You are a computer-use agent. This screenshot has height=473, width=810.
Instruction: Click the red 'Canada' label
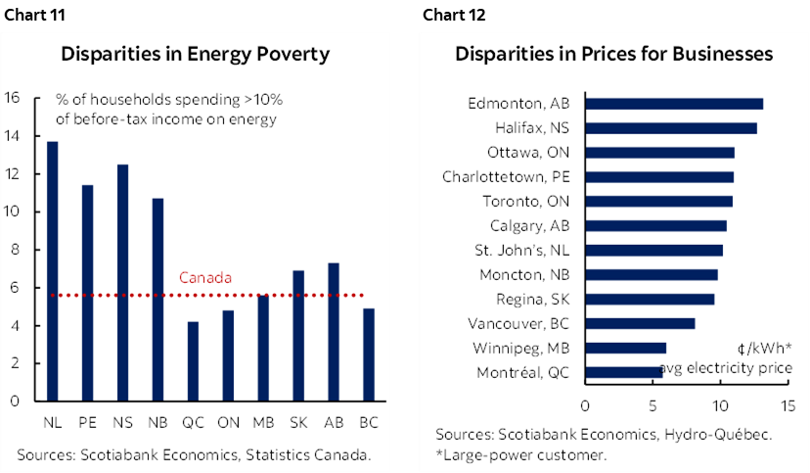click(x=205, y=278)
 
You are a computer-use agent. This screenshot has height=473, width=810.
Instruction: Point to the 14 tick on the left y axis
click(x=13, y=135)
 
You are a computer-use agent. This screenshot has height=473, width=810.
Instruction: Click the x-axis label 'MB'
click(x=263, y=423)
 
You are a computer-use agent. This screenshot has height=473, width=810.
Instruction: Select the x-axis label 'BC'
click(x=369, y=423)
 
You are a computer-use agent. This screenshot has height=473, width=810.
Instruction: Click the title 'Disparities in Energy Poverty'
click(x=195, y=54)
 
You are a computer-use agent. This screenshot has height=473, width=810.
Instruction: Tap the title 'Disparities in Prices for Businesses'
click(x=614, y=54)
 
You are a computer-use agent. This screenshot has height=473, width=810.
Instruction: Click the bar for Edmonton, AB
click(x=674, y=104)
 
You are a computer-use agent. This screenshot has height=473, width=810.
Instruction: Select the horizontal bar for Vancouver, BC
click(x=640, y=323)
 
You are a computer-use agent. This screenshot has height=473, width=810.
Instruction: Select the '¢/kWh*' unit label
click(x=767, y=349)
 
